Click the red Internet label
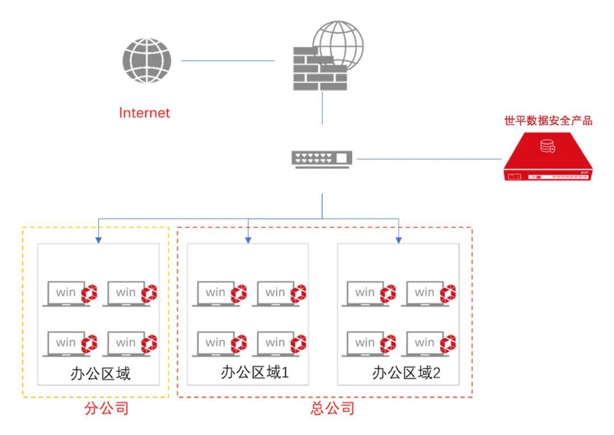coord(144,113)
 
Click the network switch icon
coord(322,158)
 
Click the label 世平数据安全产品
coord(549,121)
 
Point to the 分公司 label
coord(106,409)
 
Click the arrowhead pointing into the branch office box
coord(98,240)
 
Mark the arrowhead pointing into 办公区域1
coord(248,240)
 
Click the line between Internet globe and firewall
coord(227,60)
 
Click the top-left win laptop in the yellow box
coord(65,294)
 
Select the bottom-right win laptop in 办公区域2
coord(424,344)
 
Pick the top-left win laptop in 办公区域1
coord(215,294)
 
